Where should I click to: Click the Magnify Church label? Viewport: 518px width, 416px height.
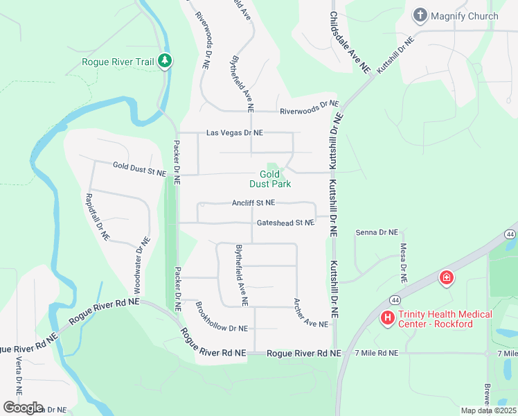point(464,16)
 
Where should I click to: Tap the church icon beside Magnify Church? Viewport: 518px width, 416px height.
point(420,15)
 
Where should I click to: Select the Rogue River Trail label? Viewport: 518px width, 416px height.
point(118,62)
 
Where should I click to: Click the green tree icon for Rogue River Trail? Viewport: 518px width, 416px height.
point(164,61)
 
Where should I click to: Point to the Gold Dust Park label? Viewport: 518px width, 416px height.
point(270,179)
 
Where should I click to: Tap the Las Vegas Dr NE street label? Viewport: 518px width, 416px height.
point(235,132)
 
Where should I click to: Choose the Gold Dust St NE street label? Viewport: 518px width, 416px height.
point(140,168)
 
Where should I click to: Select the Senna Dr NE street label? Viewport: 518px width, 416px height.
point(377,232)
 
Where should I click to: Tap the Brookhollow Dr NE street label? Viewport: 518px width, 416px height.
point(222,319)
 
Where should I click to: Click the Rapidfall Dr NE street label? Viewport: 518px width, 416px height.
point(96,217)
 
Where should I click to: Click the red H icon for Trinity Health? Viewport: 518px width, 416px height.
point(388,318)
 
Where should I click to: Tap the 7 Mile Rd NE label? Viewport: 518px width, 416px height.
point(376,353)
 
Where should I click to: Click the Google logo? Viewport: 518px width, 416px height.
point(23,408)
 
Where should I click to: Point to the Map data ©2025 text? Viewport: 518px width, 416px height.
point(488,410)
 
